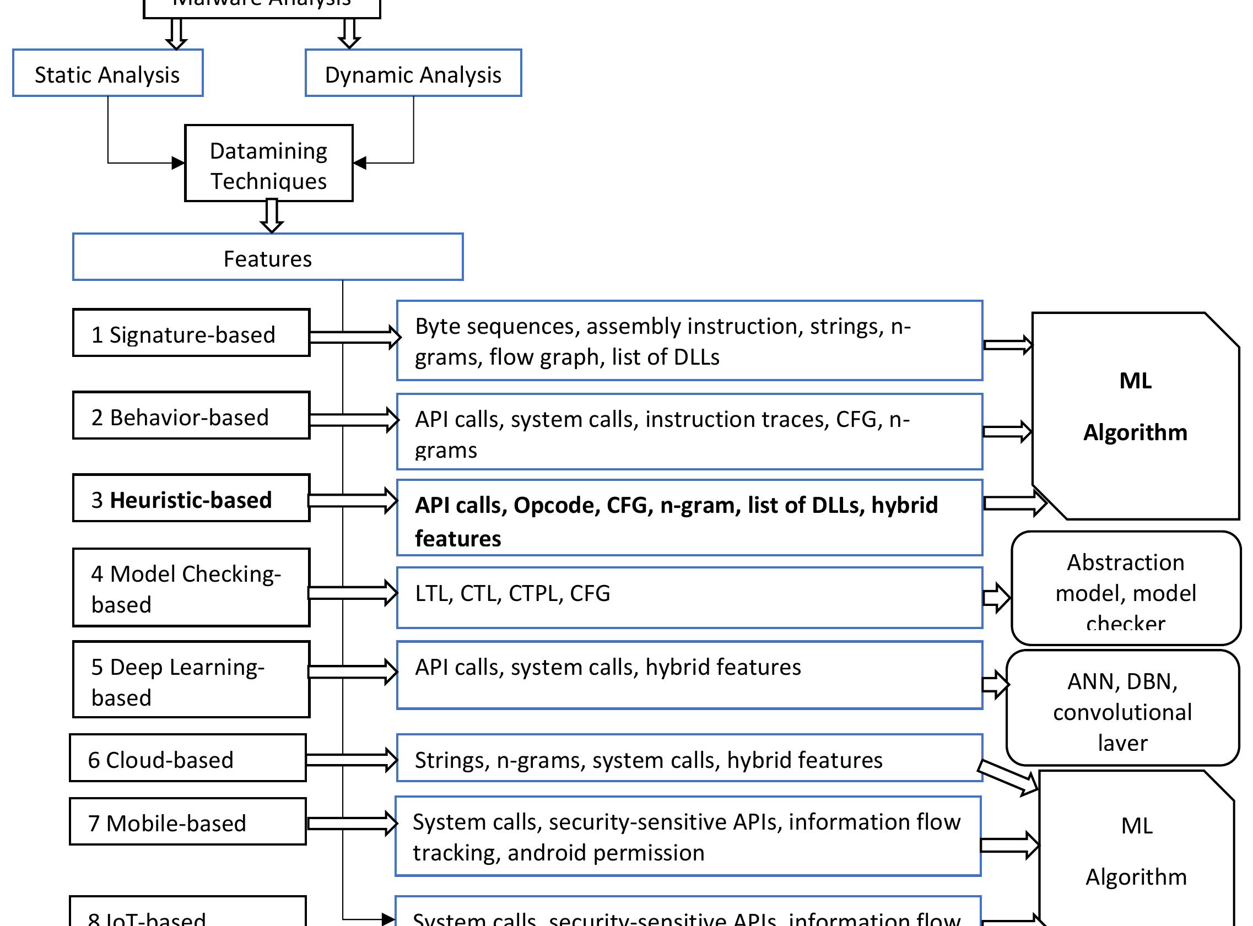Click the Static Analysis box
pos(107,73)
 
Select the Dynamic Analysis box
pos(413,73)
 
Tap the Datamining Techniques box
pos(268,163)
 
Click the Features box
pos(267,257)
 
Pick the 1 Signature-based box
pos(191,333)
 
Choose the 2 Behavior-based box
pos(191,416)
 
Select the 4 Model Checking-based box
pos(191,588)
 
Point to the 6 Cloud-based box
pos(187,759)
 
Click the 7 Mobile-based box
pos(187,822)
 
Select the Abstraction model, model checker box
pos(1125,589)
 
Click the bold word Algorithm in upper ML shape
pos(1135,432)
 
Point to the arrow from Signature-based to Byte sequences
pos(354,337)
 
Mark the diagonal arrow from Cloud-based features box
pos(1008,777)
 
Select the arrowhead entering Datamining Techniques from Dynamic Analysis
pos(360,163)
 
